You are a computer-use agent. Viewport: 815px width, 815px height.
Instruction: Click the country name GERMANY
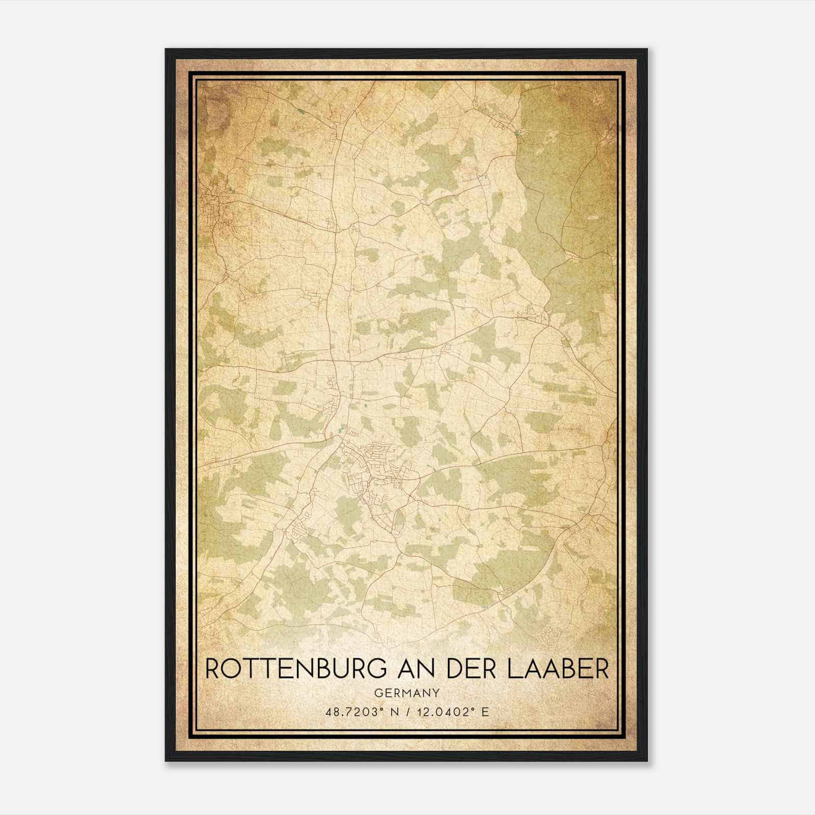point(407,693)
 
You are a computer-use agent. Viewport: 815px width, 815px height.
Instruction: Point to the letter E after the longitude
point(485,712)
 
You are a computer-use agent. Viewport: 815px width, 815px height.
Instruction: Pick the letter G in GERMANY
point(378,693)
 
